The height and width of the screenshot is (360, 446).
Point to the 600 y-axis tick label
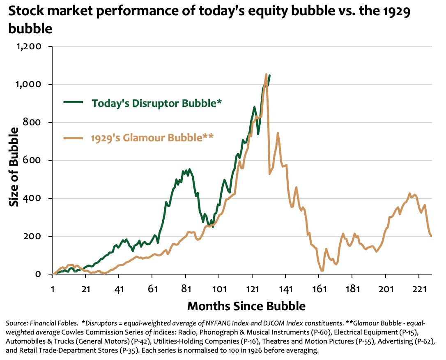(33, 160)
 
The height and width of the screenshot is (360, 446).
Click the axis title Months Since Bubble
(246, 306)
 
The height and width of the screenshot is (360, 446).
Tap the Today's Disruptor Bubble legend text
(156, 103)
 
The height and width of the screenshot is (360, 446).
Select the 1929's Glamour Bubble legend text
(152, 137)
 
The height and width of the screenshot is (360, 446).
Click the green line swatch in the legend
(74, 102)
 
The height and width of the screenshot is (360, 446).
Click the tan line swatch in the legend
(74, 137)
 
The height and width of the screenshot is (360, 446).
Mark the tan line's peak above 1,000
(266, 75)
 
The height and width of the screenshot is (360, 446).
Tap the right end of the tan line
(431, 236)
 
